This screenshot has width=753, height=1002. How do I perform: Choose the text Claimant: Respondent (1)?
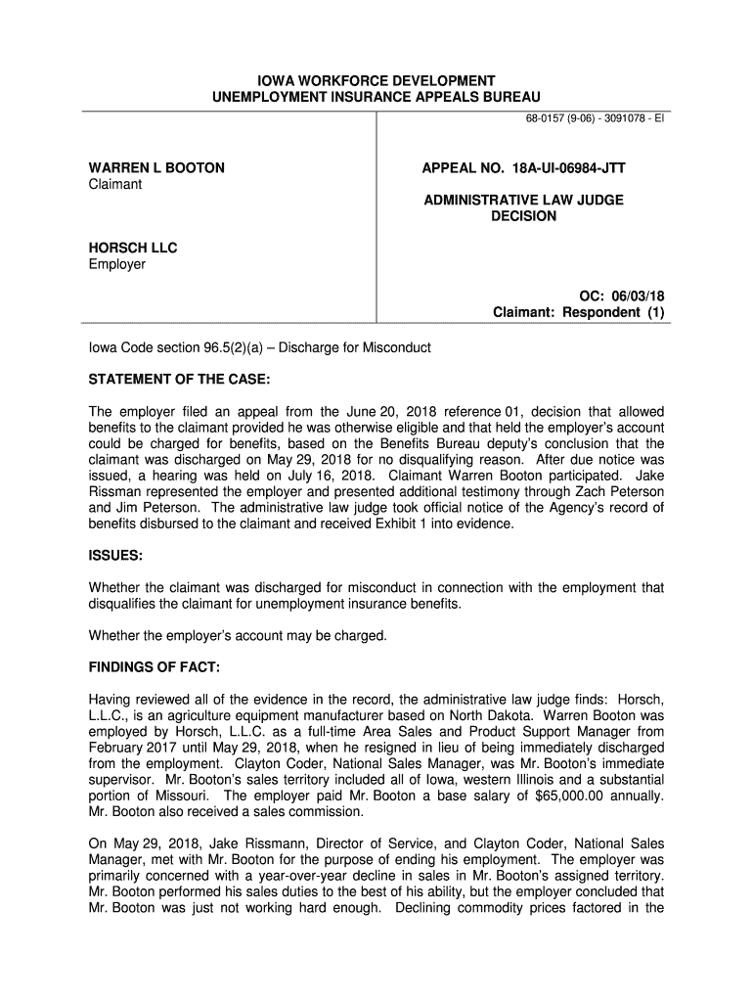click(x=578, y=313)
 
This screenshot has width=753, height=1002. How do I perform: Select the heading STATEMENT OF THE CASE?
click(x=179, y=379)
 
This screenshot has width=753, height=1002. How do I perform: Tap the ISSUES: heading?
click(x=116, y=556)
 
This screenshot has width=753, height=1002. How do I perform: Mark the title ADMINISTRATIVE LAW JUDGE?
click(x=523, y=200)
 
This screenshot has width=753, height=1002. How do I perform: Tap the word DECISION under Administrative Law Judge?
click(x=523, y=216)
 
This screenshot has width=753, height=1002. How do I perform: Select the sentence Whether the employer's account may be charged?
click(x=239, y=636)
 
